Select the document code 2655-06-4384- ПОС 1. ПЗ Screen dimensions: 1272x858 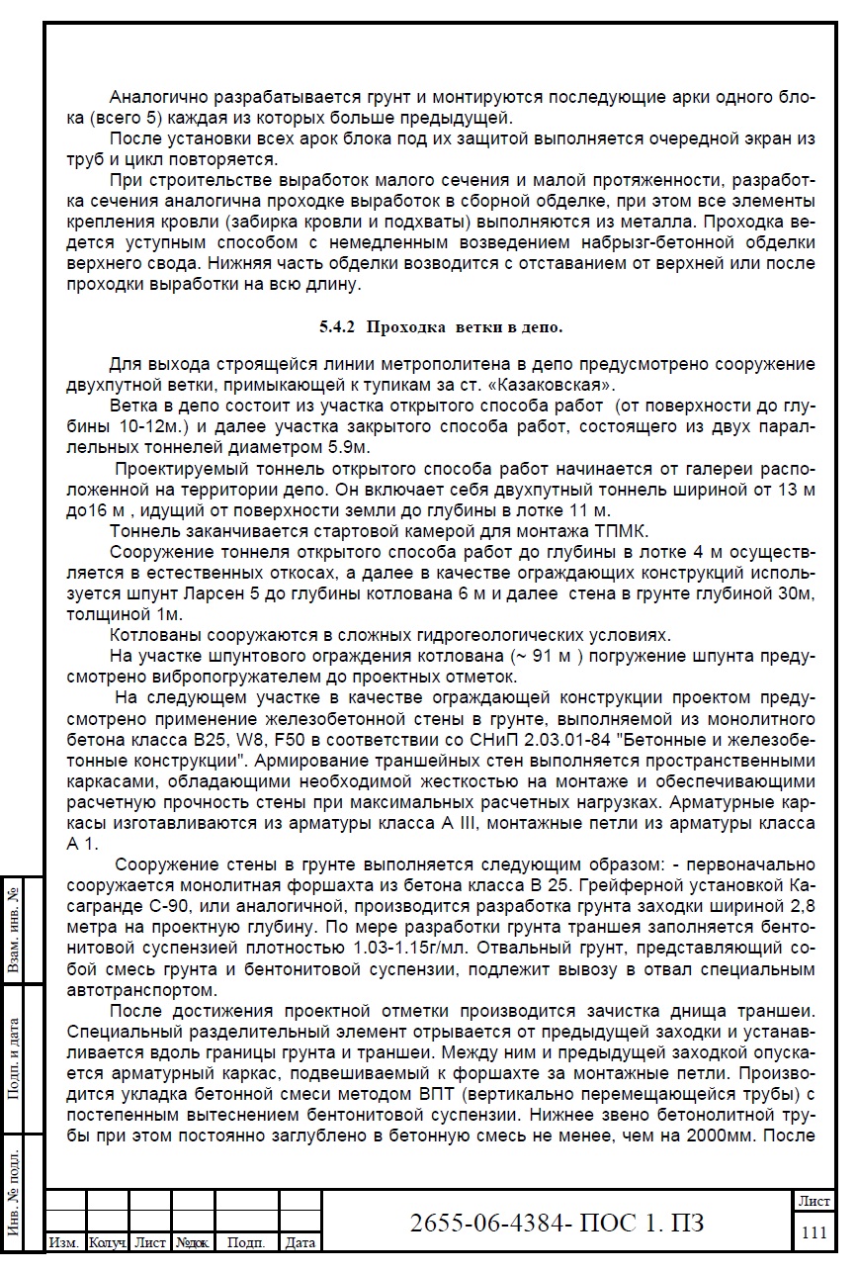(557, 1223)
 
